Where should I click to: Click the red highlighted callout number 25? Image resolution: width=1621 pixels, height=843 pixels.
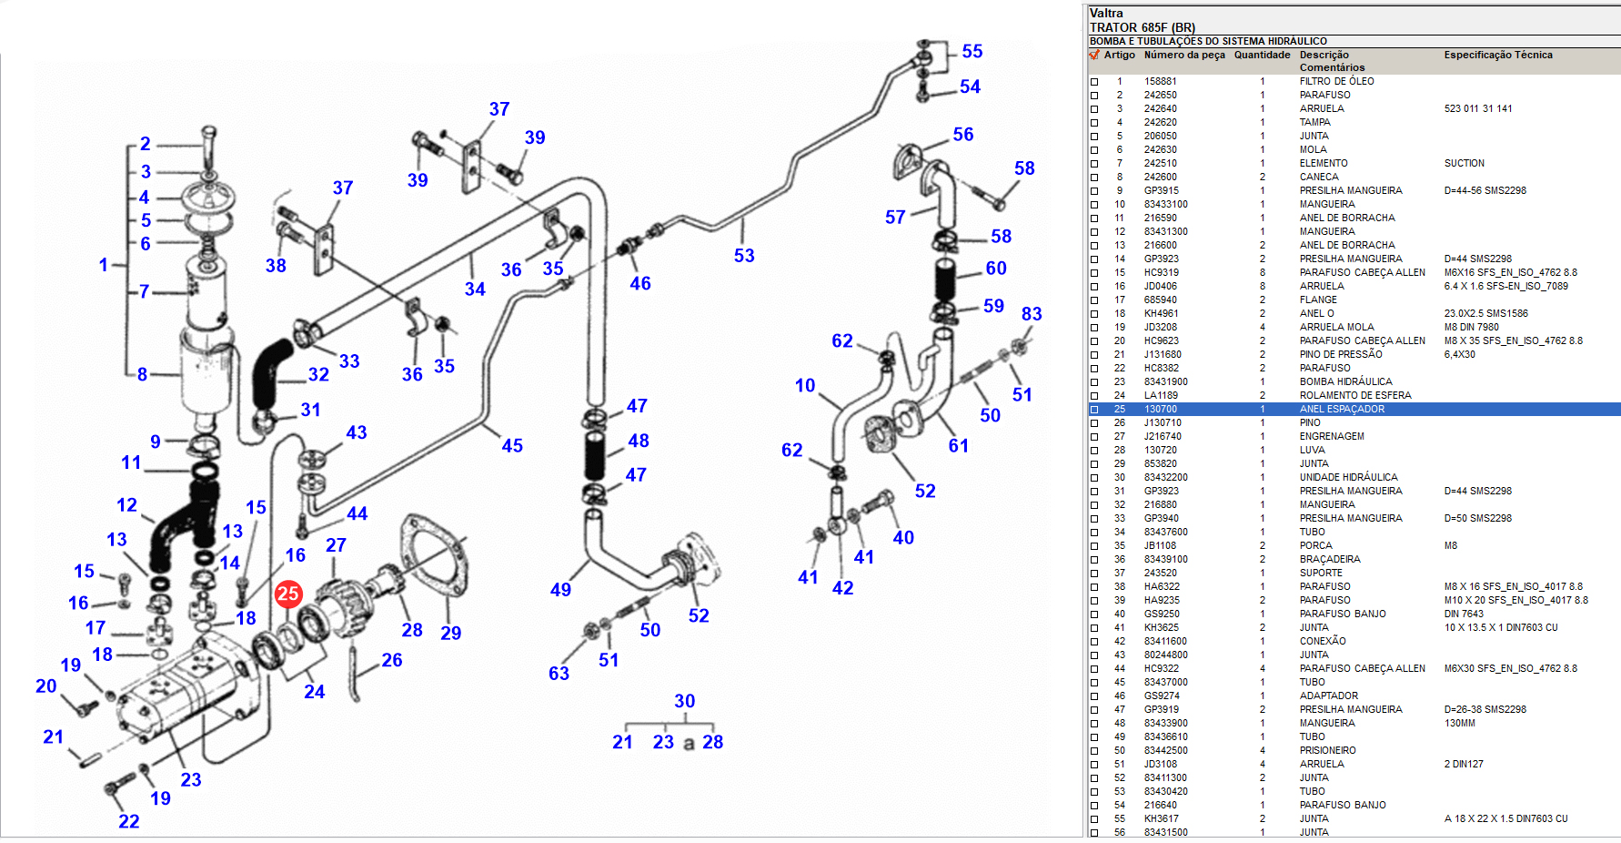click(x=288, y=594)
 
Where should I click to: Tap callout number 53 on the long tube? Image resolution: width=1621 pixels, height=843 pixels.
click(x=744, y=256)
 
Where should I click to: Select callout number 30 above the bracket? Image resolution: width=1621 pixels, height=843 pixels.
click(x=684, y=701)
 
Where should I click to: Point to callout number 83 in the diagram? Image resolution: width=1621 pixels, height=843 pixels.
click(x=1031, y=314)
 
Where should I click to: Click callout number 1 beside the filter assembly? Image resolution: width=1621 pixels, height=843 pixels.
click(x=104, y=265)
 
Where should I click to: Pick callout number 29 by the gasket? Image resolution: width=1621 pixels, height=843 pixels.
click(x=450, y=633)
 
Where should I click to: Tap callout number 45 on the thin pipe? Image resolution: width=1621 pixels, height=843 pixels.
click(x=512, y=445)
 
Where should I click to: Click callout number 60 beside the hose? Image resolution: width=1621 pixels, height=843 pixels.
click(x=996, y=269)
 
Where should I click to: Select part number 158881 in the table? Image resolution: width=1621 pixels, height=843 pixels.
click(x=1160, y=81)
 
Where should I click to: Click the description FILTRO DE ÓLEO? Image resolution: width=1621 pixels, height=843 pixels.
click(x=1336, y=81)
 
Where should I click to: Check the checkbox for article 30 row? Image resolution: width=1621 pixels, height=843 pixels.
click(x=1094, y=478)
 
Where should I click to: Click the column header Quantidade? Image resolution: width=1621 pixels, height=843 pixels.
click(x=1262, y=55)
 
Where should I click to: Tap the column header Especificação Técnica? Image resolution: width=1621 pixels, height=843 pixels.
click(x=1497, y=55)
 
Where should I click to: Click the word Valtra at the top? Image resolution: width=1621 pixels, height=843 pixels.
click(x=1106, y=13)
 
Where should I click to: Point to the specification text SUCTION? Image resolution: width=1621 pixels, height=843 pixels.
click(x=1464, y=163)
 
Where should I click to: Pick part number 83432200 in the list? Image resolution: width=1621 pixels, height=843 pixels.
click(x=1165, y=477)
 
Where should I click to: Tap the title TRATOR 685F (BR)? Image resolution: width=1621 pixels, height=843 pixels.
click(x=1142, y=27)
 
